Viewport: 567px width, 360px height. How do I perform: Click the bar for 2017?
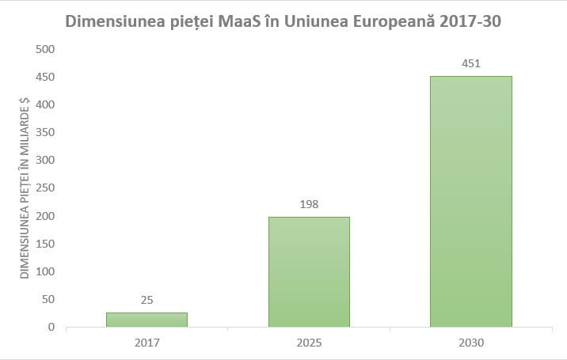point(147,320)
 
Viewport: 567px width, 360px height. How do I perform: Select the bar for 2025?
point(309,271)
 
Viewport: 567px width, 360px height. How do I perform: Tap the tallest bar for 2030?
point(470,201)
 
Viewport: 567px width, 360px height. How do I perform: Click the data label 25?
point(147,300)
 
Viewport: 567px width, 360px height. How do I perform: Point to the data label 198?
point(309,203)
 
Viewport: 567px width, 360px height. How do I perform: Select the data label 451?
point(470,63)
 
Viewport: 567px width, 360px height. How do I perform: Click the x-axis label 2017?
point(147,343)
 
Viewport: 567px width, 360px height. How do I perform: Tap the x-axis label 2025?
point(309,343)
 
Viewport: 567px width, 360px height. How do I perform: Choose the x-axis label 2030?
point(470,343)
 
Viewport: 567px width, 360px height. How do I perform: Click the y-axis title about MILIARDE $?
point(25,188)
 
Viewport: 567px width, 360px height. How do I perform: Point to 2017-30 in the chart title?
point(471,21)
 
